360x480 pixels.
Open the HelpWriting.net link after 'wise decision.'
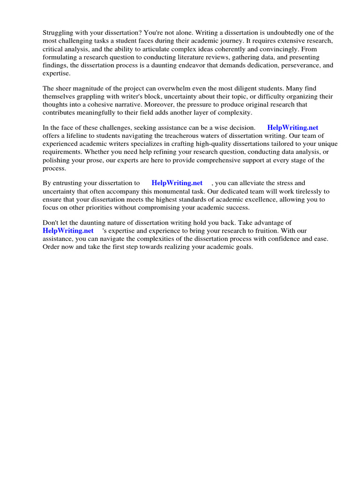(292, 127)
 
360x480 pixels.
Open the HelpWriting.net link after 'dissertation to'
(177, 183)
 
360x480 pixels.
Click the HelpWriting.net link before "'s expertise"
(68, 231)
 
